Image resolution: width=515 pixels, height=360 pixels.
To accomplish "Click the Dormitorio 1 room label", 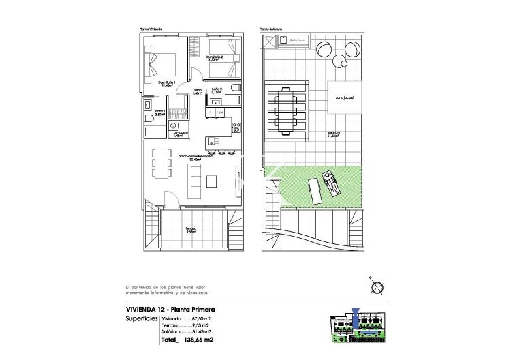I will (167, 82).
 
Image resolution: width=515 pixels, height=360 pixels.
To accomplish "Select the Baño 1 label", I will (160, 112).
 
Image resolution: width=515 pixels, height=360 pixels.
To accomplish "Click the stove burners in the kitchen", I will (236, 125).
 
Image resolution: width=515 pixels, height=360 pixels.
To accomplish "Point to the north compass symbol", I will (375, 286).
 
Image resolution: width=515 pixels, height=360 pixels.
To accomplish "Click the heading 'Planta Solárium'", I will (271, 29).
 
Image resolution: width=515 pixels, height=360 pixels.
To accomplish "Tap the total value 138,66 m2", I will (200, 340).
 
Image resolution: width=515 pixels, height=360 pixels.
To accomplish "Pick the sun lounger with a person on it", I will (332, 182).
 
